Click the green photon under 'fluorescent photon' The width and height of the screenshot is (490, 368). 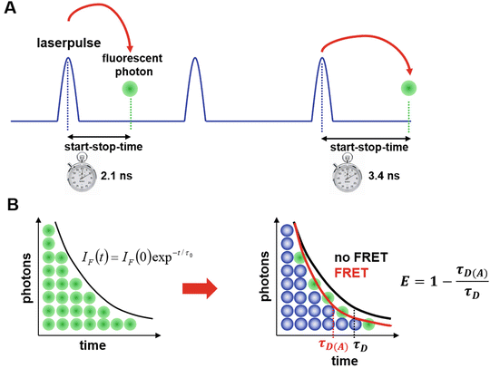pyautogui.click(x=130, y=89)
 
